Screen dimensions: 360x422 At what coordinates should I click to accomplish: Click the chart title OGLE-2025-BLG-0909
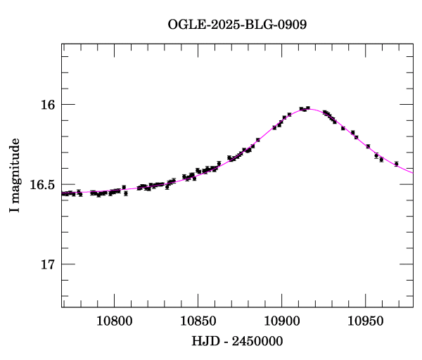[237, 25]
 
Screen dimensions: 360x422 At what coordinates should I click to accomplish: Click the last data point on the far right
[397, 164]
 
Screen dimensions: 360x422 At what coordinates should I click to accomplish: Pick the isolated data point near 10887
[258, 140]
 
